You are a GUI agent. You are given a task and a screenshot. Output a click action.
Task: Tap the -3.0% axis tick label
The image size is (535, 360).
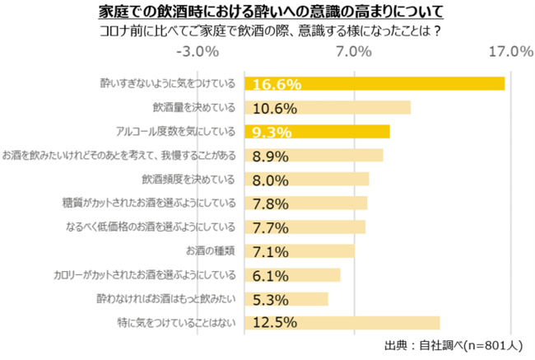coord(198,53)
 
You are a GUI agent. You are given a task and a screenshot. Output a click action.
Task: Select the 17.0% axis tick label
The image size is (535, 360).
coord(511,53)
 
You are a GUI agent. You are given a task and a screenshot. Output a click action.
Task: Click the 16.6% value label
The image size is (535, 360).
coord(277,84)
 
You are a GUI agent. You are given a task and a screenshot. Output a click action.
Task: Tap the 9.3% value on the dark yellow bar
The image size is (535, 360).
coord(272,132)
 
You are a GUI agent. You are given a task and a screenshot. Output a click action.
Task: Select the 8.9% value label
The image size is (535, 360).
coord(272,156)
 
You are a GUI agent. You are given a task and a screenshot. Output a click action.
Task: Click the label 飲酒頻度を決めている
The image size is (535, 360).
coord(188,180)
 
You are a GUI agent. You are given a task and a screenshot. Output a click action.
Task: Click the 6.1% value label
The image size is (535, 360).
coord(272,275)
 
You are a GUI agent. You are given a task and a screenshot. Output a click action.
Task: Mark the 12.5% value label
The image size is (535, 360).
coord(275,322)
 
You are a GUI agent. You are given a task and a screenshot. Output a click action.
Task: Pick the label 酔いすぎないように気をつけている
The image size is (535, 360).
coord(168,84)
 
